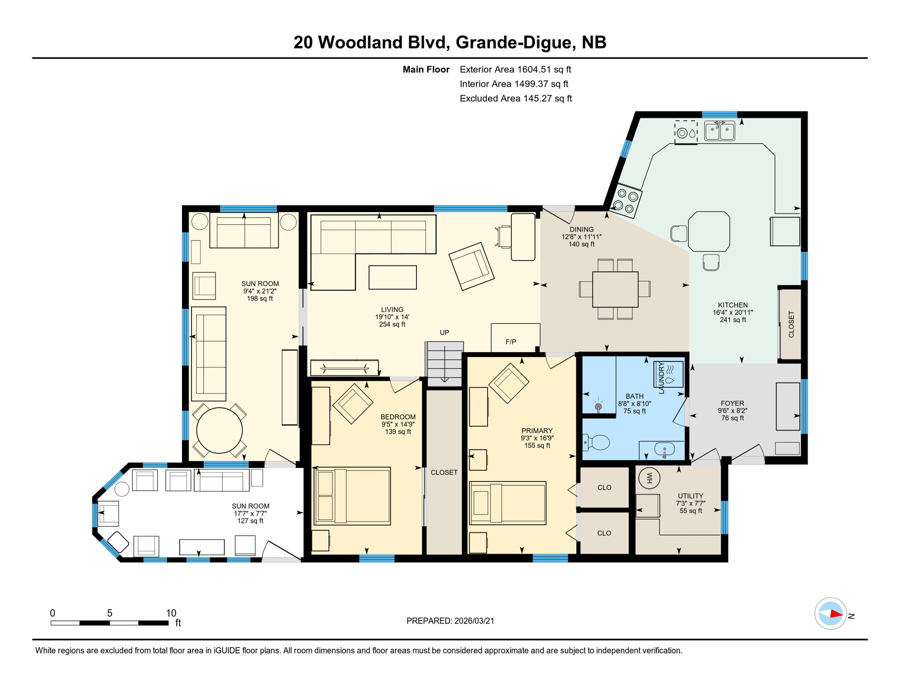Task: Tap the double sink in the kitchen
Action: point(720,131)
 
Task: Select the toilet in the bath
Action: point(597,442)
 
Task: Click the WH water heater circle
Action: point(649,478)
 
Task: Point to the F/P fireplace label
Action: point(511,342)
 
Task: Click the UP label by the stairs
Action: point(445,333)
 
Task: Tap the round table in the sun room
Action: point(219,431)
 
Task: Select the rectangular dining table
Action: point(615,290)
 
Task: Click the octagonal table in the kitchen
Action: point(709,231)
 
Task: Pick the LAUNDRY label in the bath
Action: point(661,377)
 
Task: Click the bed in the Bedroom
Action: point(352,496)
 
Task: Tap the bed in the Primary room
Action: point(508,503)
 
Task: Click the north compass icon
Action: point(831,614)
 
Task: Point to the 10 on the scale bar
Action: point(171,613)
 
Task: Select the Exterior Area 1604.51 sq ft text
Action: point(515,69)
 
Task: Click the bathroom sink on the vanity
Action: point(665,450)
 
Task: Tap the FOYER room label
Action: point(732,403)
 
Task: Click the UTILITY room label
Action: point(690,496)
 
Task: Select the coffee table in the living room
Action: point(393,277)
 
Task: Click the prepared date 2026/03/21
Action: point(474,621)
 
